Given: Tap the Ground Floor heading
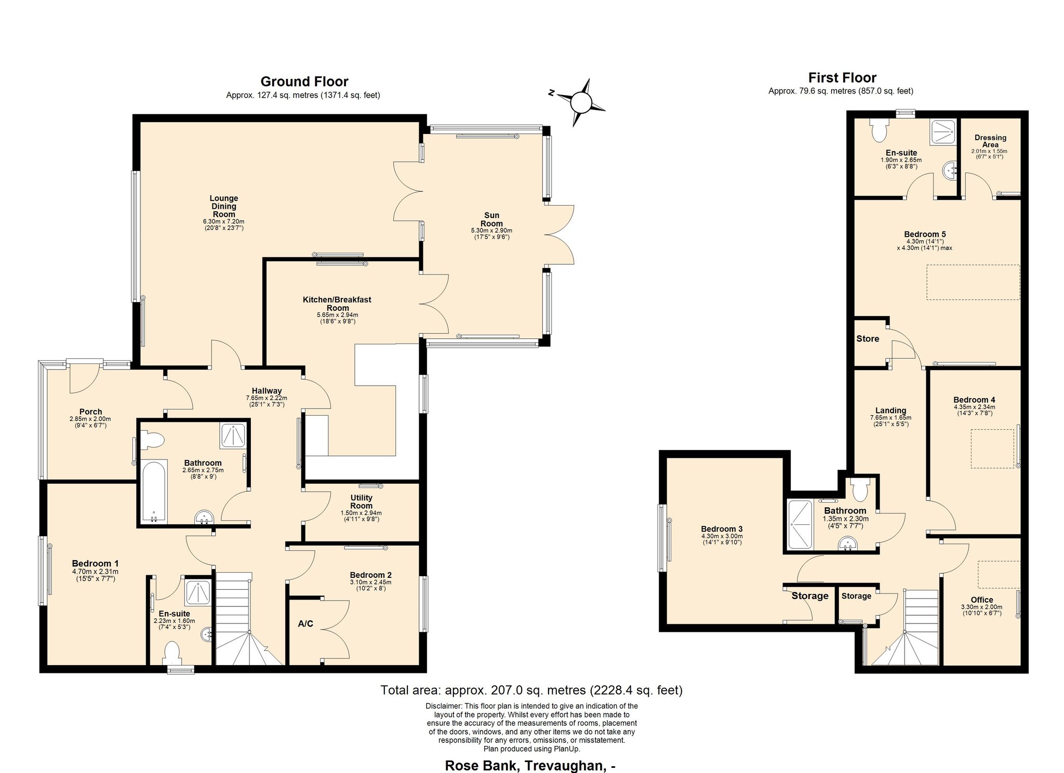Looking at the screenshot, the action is pyautogui.click(x=304, y=82).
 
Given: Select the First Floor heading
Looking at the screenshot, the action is pyautogui.click(x=842, y=78).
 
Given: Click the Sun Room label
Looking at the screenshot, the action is pyautogui.click(x=491, y=220).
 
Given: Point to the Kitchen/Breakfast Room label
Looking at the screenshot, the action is pyautogui.click(x=337, y=304).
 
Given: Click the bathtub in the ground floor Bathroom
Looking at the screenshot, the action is pyautogui.click(x=153, y=491).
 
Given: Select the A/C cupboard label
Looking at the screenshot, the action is pyautogui.click(x=305, y=623).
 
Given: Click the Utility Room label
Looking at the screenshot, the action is pyautogui.click(x=361, y=501).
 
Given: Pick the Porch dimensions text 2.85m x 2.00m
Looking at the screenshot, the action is pyautogui.click(x=90, y=419).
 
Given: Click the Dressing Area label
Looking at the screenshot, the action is pyautogui.click(x=990, y=141).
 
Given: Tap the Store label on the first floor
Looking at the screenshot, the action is pyautogui.click(x=868, y=338).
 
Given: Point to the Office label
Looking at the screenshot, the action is pyautogui.click(x=981, y=600).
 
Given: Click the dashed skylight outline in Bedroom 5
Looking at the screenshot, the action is pyautogui.click(x=973, y=282).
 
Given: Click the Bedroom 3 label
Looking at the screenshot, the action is pyautogui.click(x=722, y=529).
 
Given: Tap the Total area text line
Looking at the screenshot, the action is pyautogui.click(x=531, y=690).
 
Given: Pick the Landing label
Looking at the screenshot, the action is pyautogui.click(x=890, y=410).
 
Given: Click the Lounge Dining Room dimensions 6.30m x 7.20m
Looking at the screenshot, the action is pyautogui.click(x=223, y=221).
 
